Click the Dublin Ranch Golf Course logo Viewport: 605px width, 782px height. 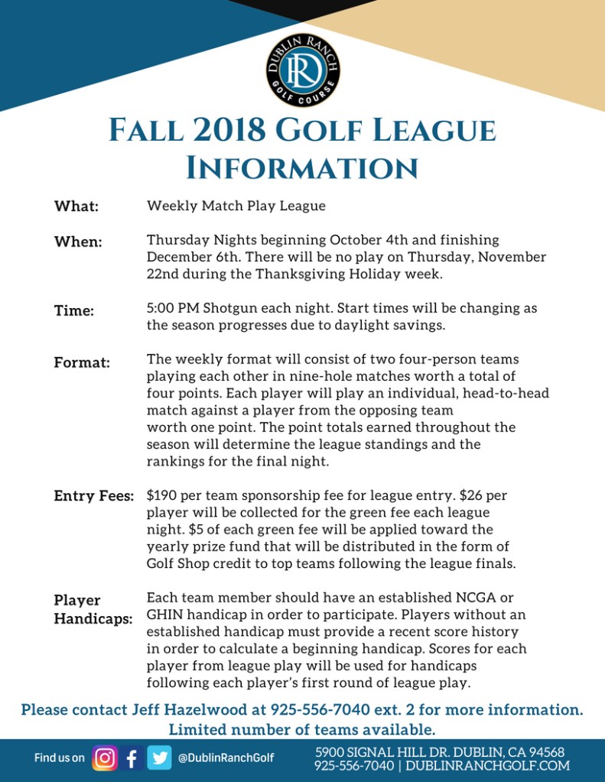pyautogui.click(x=303, y=71)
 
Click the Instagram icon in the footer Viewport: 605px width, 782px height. pyautogui.click(x=105, y=758)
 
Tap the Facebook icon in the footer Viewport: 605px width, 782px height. pyautogui.click(x=132, y=758)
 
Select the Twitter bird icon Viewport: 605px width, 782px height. pyautogui.click(x=159, y=758)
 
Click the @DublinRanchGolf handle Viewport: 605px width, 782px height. pyautogui.click(x=226, y=758)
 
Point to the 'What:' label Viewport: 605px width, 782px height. pyautogui.click(x=76, y=206)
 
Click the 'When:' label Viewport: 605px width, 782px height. pyautogui.click(x=78, y=242)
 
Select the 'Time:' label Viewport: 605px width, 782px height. pyautogui.click(x=74, y=310)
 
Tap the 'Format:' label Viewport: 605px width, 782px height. pyautogui.click(x=82, y=362)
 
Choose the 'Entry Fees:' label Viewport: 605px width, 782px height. pyautogui.click(x=94, y=496)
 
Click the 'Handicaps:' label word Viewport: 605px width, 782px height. pyautogui.click(x=93, y=618)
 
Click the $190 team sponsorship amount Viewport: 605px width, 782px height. pyautogui.click(x=162, y=495)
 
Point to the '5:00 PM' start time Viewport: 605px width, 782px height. pyautogui.click(x=172, y=308)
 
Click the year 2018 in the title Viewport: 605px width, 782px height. pyautogui.click(x=227, y=131)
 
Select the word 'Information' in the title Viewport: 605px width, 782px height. pyautogui.click(x=303, y=167)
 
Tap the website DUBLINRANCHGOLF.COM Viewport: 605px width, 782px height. pyautogui.click(x=487, y=765)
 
